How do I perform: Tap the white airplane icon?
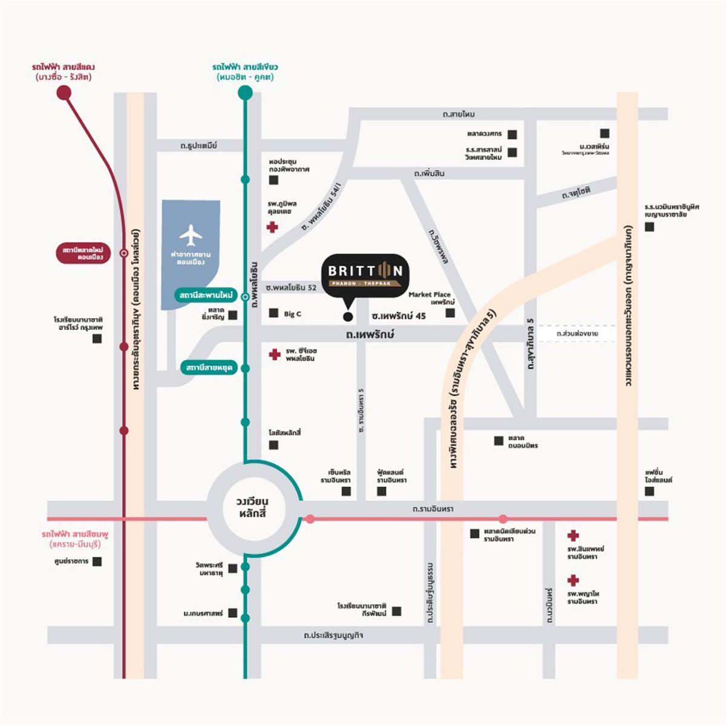point(191,235)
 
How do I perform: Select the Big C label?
point(292,314)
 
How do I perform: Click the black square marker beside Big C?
point(273,313)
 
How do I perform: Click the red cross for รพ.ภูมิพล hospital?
point(272,227)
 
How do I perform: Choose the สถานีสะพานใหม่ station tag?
point(206,295)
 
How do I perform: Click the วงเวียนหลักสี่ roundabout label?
point(252,508)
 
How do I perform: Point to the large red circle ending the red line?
point(64,93)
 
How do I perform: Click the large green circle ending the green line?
point(245,93)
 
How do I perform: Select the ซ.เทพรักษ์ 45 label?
point(399,316)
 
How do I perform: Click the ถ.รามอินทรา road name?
point(433,509)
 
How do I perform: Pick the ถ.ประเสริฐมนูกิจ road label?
point(333,636)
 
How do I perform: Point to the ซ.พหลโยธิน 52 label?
point(291,287)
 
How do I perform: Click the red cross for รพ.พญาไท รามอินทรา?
point(574,581)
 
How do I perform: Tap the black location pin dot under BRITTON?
point(347,316)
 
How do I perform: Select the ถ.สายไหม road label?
point(459,114)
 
